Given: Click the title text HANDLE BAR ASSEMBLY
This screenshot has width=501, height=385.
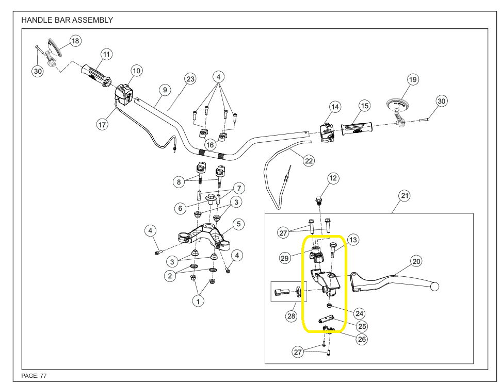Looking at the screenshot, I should (67, 20).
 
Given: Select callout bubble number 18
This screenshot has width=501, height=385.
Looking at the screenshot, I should (75, 41).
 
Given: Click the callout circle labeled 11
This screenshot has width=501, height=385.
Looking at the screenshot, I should (106, 54).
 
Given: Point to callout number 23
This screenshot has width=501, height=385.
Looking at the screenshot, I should (191, 79).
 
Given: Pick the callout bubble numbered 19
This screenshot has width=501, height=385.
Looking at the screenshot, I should (412, 79).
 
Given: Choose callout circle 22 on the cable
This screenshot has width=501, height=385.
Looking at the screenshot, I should (309, 161).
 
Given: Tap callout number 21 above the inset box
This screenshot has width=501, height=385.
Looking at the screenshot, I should (405, 196).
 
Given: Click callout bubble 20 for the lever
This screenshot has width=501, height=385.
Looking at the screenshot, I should (416, 261).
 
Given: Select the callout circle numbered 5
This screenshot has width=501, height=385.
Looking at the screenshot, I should (238, 224).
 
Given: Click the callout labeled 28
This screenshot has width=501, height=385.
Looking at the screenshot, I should (292, 315).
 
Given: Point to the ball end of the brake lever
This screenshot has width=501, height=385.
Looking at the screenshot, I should (435, 286).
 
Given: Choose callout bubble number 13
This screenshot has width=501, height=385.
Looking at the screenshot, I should (352, 240).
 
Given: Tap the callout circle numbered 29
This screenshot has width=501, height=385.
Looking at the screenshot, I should (285, 258).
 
